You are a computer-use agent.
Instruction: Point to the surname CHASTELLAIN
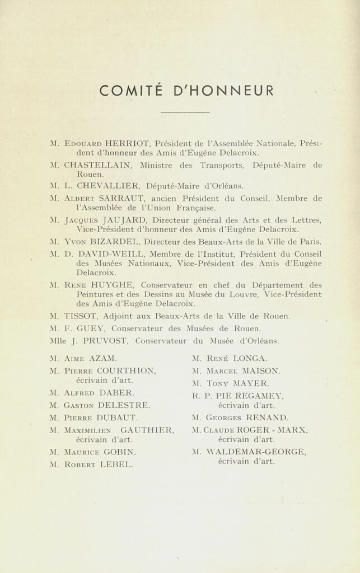tap(99, 165)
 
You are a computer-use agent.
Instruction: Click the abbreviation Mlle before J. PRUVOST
tap(58, 340)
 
